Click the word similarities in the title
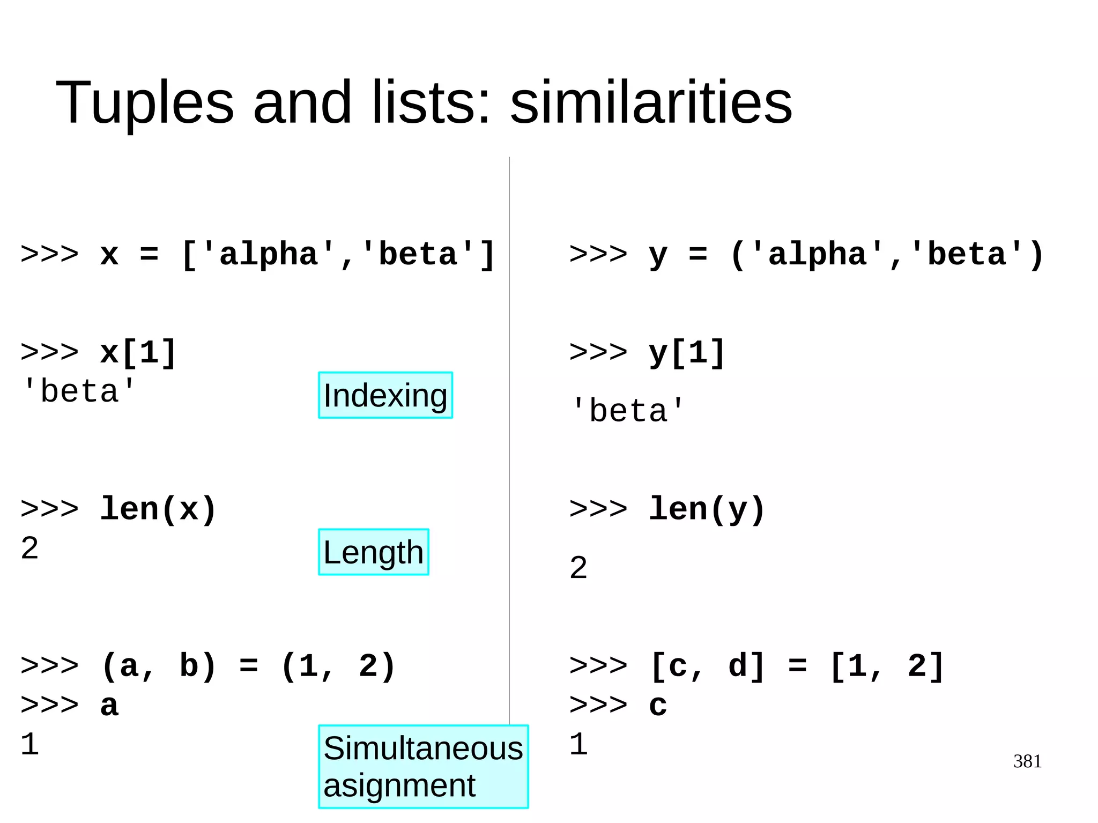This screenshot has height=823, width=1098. point(651,102)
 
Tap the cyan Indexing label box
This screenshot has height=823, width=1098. point(385,396)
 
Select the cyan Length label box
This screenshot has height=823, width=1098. point(373,552)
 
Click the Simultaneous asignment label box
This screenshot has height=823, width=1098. point(423,766)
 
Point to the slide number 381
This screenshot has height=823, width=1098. point(1027,761)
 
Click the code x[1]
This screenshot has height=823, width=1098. point(138,353)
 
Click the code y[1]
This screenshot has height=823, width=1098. point(687,353)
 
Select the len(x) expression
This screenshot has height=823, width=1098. point(159,509)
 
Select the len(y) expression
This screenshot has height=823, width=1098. point(707,509)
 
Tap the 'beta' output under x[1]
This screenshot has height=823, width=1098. point(79,391)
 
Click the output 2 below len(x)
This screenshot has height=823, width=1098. point(30,548)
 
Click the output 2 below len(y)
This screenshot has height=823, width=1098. point(578,568)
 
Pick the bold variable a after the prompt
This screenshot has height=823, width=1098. point(109,705)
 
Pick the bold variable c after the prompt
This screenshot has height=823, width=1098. point(658,705)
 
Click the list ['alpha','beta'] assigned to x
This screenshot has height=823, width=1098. point(338,255)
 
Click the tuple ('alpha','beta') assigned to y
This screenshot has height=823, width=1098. point(887,255)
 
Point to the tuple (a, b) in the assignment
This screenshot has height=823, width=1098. point(159,666)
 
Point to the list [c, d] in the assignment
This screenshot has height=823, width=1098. point(707,666)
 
